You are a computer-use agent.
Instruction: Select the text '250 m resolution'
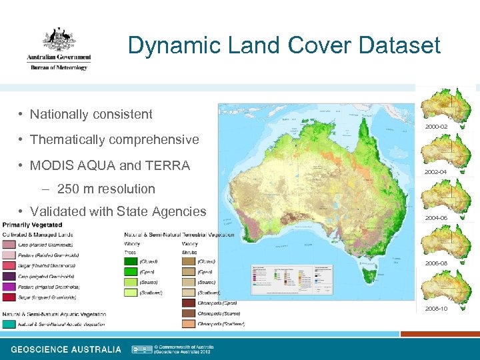tap(106, 189)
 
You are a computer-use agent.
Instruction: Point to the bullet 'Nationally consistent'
tap(91, 114)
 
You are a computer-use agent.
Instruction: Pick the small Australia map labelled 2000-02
tap(448, 107)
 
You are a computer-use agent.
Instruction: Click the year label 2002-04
tap(436, 172)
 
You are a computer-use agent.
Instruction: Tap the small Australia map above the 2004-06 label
tap(448, 197)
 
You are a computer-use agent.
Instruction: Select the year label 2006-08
tap(436, 263)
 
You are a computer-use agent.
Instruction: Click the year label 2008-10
tap(436, 309)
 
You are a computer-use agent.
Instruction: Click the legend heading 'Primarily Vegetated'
tap(33, 225)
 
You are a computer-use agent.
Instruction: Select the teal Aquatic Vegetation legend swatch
tap(9, 324)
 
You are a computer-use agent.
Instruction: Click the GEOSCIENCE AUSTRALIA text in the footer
tap(66, 349)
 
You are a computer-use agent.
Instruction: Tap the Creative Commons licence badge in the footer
tap(141, 349)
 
